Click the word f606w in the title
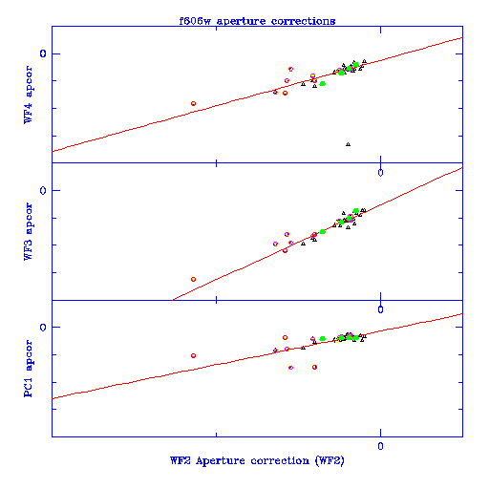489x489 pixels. coord(195,21)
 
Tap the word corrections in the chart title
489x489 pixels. coord(303,21)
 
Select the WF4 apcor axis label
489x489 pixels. coord(28,95)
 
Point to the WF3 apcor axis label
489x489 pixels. coord(28,231)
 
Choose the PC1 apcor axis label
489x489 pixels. coord(28,369)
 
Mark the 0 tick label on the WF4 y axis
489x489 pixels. coord(43,53)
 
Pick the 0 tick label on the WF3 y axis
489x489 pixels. coord(43,190)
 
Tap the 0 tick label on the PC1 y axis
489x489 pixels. coord(43,328)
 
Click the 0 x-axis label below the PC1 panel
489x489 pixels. coord(380,446)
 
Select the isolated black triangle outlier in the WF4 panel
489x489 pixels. coord(348,144)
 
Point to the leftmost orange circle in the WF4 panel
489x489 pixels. coord(193,103)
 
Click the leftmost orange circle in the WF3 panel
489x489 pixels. coord(193,279)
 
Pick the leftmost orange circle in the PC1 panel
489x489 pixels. coord(193,355)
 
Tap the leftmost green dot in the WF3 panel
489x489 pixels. coord(323,232)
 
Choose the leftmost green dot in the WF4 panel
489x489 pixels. coord(323,84)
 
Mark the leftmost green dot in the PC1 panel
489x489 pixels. coord(323,339)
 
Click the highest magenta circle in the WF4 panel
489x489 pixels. coord(290,69)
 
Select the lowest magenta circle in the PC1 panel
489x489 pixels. coord(290,368)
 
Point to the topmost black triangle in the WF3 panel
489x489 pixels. coord(344,213)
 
